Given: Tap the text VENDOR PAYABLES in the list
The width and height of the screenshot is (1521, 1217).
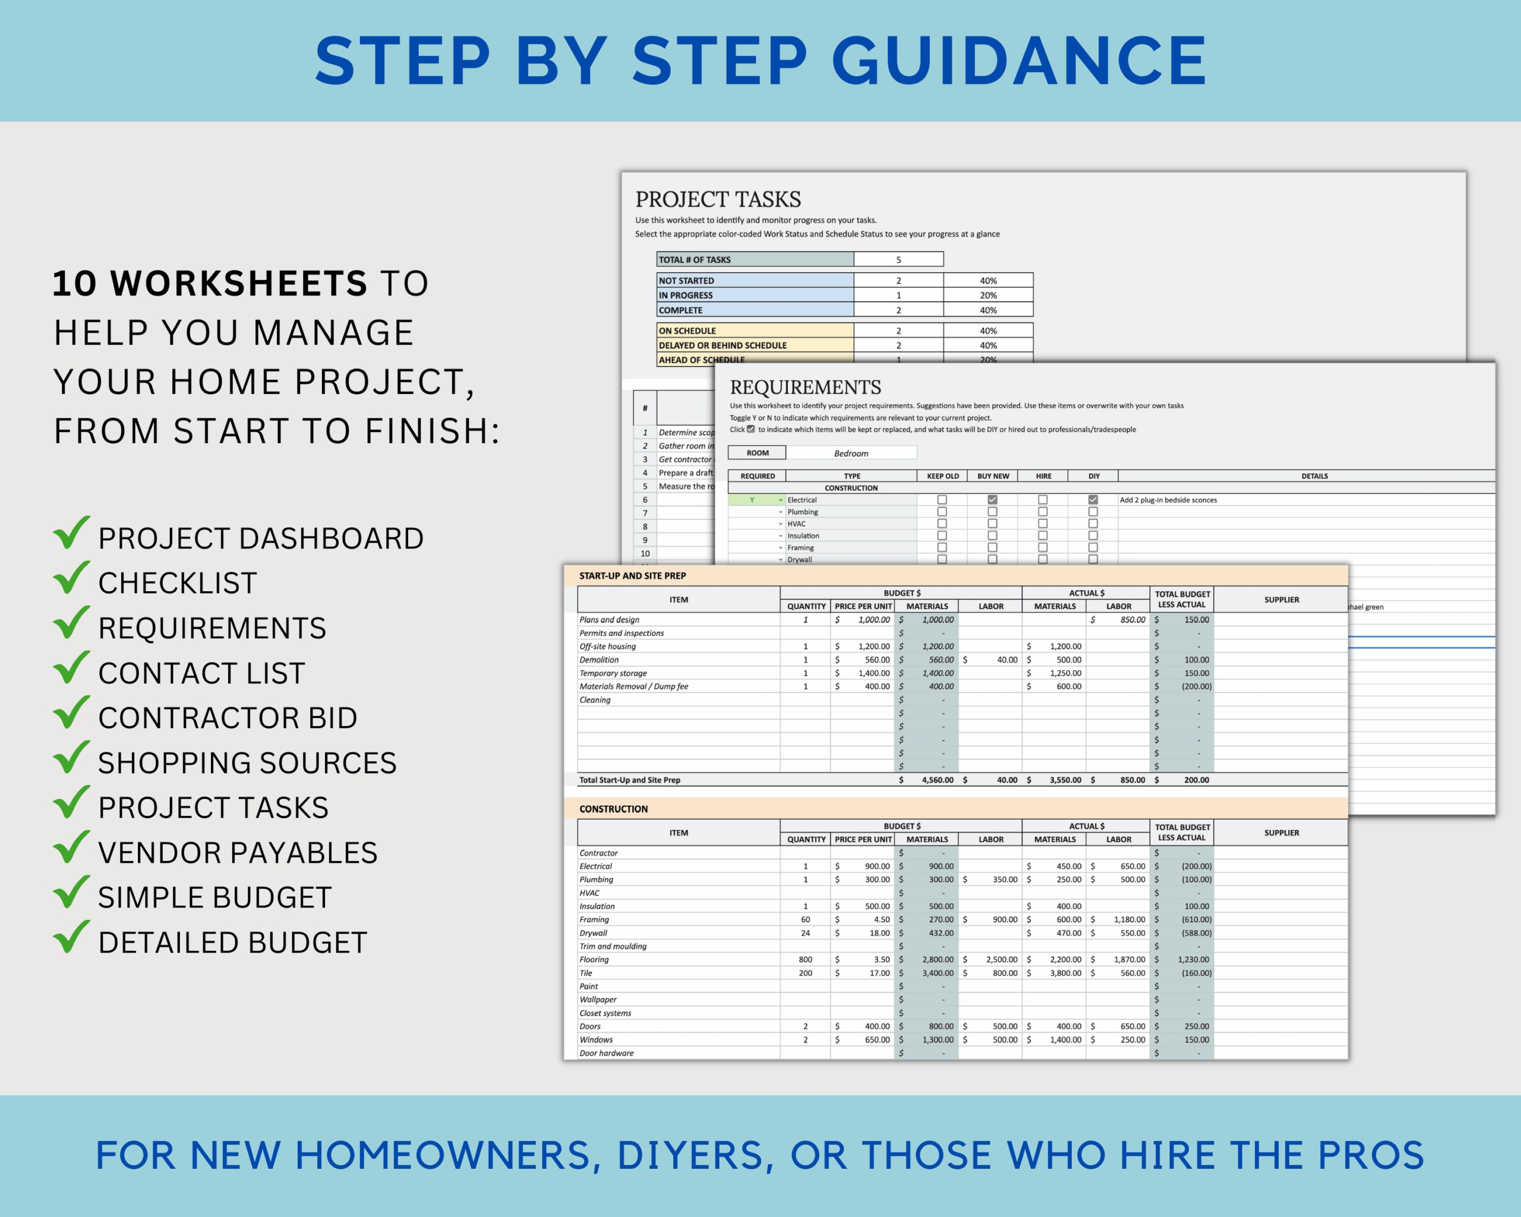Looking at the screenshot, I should click(x=238, y=852).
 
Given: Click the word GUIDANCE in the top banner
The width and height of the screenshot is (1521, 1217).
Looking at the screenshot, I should click(x=1020, y=61).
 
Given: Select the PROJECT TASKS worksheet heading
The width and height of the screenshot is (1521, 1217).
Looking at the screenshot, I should click(x=718, y=199).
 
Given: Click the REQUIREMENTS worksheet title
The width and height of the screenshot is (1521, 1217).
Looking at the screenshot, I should click(x=805, y=387).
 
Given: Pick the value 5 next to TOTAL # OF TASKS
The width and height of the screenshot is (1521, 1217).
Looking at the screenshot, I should click(x=898, y=260).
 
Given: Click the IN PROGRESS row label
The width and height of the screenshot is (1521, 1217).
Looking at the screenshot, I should click(x=685, y=295).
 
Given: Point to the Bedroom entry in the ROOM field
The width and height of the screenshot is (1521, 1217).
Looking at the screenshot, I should click(x=851, y=453).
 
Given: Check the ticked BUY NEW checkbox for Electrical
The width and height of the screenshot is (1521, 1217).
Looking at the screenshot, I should click(x=992, y=500).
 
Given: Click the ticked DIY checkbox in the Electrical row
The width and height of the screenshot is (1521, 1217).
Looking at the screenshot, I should click(x=1093, y=500).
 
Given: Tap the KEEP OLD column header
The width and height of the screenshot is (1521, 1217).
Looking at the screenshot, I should click(x=942, y=476).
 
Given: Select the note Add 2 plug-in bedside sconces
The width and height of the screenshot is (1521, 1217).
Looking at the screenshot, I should click(x=1167, y=500).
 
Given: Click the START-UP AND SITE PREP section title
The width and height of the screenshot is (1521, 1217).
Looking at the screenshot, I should click(x=632, y=576).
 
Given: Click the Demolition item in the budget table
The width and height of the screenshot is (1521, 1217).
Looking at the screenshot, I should click(x=599, y=660).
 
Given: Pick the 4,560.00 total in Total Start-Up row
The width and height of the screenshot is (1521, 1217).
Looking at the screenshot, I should click(x=937, y=780).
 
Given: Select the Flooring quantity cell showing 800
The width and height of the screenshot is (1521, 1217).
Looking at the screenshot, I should click(x=805, y=960).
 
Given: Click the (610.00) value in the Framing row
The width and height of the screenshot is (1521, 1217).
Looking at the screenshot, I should click(x=1196, y=919).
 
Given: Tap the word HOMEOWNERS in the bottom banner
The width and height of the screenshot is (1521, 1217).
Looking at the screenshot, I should click(x=441, y=1156).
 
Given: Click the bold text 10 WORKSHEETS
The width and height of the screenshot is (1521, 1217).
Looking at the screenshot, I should click(x=210, y=283).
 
